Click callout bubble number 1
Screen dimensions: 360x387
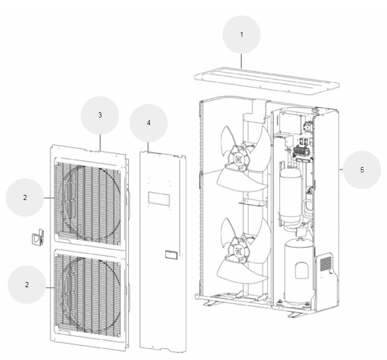click(x=241, y=34)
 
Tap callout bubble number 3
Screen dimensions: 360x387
click(x=100, y=115)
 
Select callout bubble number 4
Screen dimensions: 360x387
click(x=149, y=123)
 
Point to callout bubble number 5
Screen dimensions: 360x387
click(x=362, y=169)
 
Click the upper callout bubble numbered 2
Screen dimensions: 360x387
click(x=25, y=197)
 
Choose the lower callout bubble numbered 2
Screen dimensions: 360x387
click(x=27, y=284)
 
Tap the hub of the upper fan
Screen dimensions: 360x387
click(x=239, y=159)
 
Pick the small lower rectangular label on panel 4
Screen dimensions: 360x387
click(x=171, y=254)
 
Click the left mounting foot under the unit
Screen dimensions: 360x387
click(x=210, y=304)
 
